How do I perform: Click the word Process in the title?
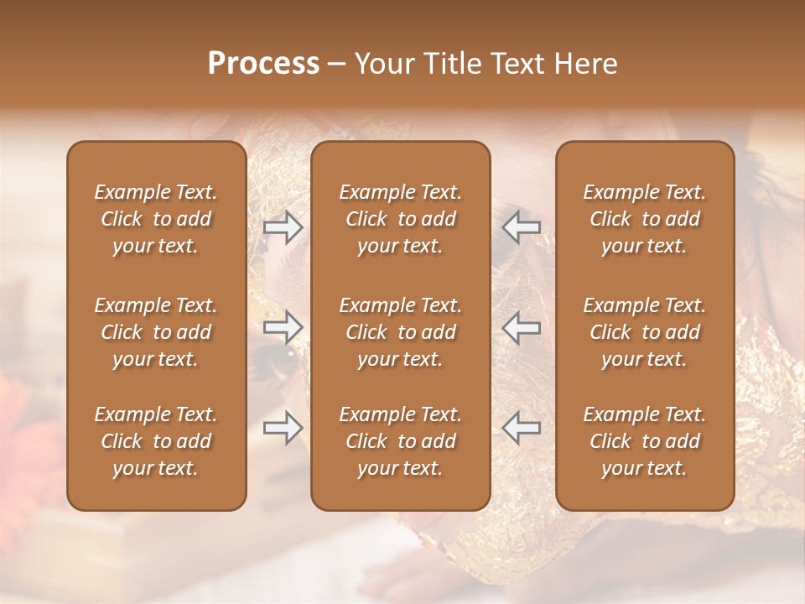[263, 64]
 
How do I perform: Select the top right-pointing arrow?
[283, 226]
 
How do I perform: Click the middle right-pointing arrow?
[283, 326]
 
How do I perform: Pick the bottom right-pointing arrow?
[283, 428]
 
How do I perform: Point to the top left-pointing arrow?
[521, 226]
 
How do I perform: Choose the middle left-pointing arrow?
[521, 326]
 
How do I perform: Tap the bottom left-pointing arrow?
[521, 428]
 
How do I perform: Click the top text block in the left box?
[156, 219]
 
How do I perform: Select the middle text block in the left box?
[156, 332]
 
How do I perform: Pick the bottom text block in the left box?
[156, 441]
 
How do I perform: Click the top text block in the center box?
[401, 219]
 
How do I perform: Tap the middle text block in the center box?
[401, 332]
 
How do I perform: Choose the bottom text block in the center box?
[401, 441]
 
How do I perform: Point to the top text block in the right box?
[645, 219]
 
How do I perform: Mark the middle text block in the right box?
[645, 332]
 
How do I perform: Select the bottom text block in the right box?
[645, 441]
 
